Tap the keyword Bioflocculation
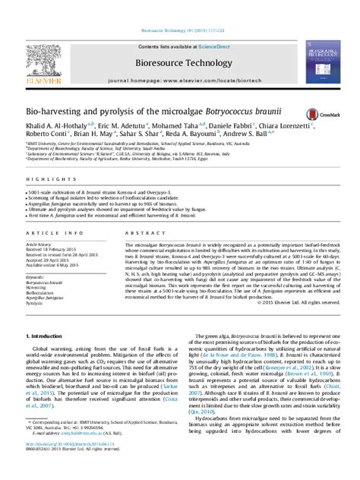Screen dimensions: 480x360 coord(42,292)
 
